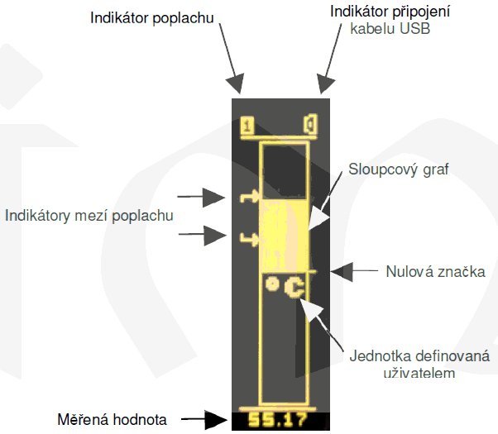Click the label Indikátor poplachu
point(152,18)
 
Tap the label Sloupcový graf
point(399,169)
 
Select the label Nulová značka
point(435,272)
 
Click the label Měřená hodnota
point(113,420)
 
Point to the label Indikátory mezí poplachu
point(89,216)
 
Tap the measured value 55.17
point(278,420)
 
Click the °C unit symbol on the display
point(285,288)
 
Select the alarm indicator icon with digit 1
point(247,126)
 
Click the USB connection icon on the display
point(310,124)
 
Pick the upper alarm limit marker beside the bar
point(249,197)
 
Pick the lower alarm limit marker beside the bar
point(249,240)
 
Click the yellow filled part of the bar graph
point(284,236)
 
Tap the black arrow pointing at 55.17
point(204,420)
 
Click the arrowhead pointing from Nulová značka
point(342,272)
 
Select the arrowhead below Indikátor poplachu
point(235,83)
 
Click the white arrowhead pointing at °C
point(311,309)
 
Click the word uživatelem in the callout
point(419,373)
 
